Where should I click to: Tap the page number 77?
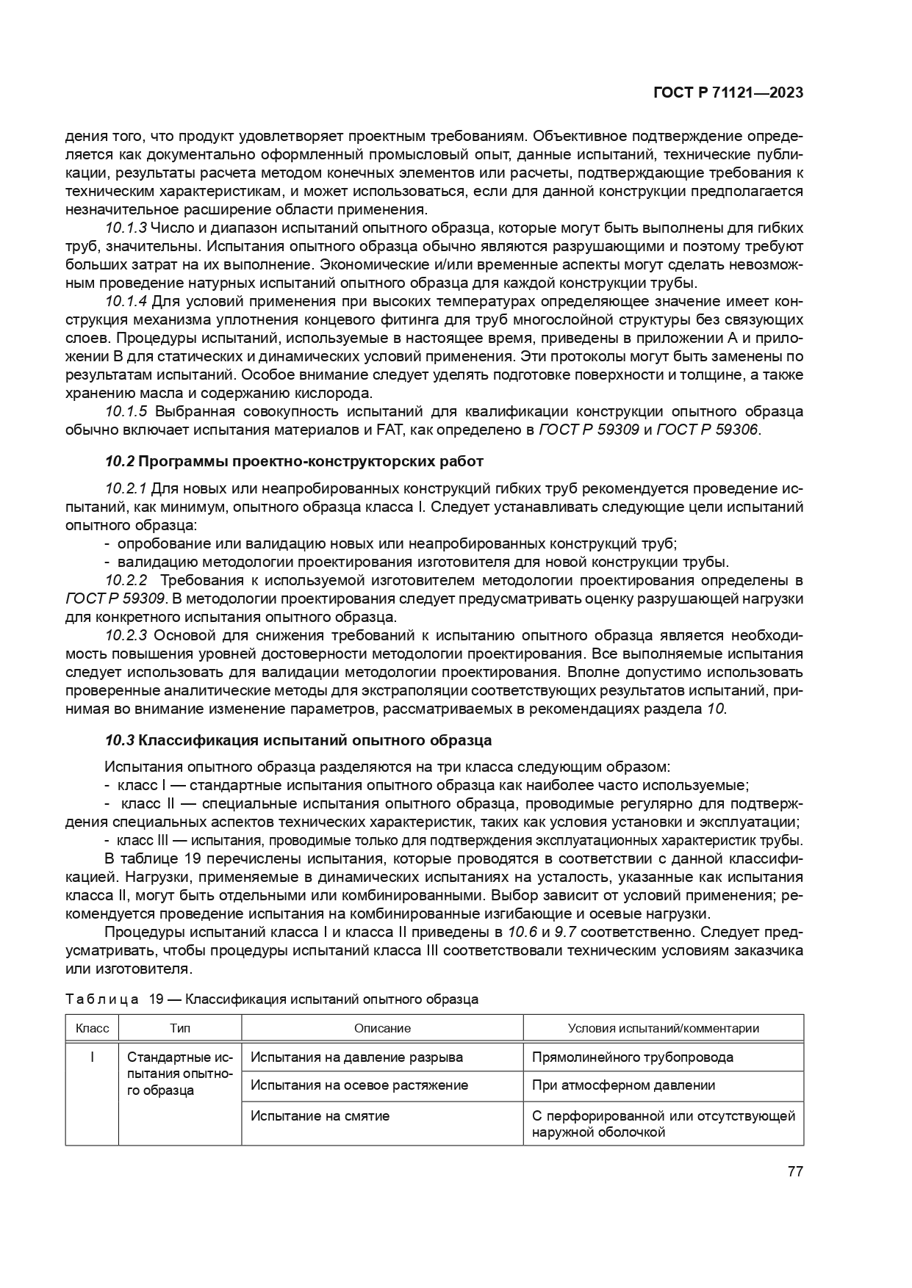(x=794, y=1171)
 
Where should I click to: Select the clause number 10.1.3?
(x=126, y=228)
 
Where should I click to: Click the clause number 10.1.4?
(x=126, y=301)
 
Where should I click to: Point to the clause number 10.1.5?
(x=126, y=411)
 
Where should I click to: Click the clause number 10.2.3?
(x=126, y=635)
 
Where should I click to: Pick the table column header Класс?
(x=92, y=1028)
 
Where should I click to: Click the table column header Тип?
(x=180, y=1028)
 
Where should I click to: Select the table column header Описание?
(x=382, y=1028)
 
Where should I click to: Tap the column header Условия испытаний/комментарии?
(x=663, y=1028)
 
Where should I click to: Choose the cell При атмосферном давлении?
(x=623, y=1085)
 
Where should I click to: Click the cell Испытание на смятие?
(x=320, y=1116)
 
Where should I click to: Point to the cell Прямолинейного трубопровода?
(x=632, y=1057)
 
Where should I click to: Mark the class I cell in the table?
(x=92, y=1057)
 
